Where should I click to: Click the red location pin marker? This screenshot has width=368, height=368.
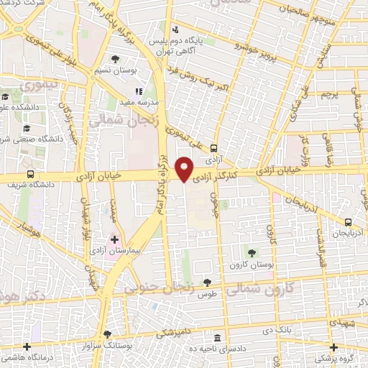[185, 168]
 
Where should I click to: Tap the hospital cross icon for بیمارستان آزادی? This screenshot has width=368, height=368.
[114, 239]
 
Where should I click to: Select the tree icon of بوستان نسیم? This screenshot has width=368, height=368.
[115, 59]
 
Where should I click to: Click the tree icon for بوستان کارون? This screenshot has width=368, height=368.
[252, 252]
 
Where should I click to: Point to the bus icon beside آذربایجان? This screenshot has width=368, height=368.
[348, 222]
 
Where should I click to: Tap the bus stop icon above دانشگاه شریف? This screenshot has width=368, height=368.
[30, 173]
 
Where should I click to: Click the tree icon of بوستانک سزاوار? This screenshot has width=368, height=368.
[107, 334]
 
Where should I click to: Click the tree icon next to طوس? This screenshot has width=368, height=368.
[208, 282]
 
